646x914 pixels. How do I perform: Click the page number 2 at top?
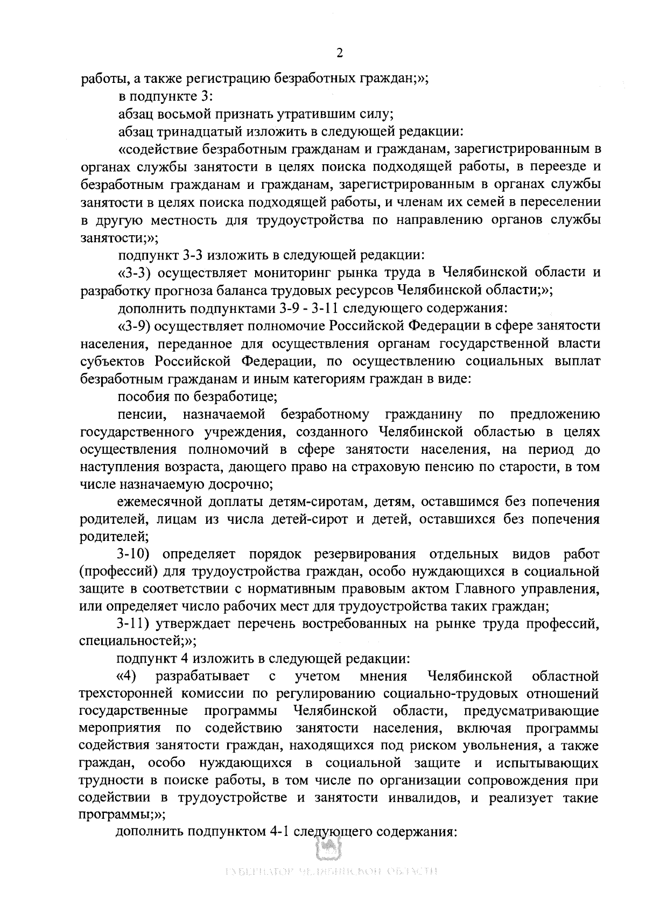pos(339,53)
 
